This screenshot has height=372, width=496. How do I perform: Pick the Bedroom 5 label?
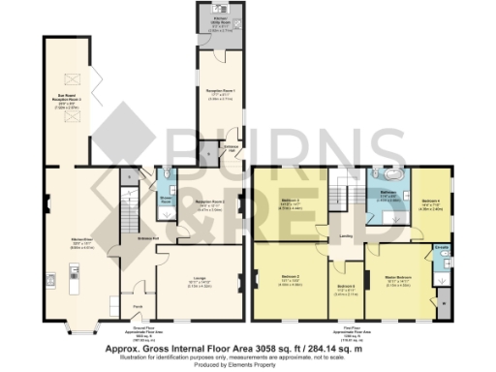(x=346, y=289)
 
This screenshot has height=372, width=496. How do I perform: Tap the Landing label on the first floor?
(x=345, y=233)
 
